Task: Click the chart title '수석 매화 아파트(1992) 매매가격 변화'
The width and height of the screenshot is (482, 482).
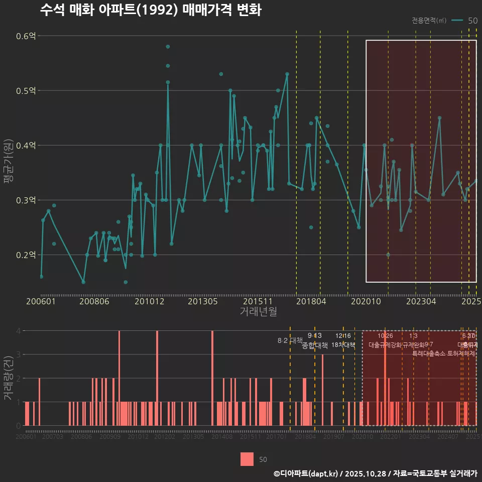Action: point(150,11)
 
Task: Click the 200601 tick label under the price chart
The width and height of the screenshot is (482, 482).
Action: point(41,302)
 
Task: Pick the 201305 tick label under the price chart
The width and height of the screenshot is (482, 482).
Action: point(202,302)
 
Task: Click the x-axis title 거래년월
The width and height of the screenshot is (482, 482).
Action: point(258,312)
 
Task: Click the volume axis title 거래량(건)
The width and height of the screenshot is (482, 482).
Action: point(9,378)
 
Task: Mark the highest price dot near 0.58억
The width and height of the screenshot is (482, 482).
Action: point(168,47)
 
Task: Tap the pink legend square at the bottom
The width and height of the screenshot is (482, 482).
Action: point(247,459)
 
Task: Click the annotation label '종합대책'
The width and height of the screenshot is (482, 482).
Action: point(315,345)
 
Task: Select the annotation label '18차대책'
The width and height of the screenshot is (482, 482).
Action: point(343,345)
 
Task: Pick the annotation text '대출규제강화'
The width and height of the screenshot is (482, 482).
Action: point(385,345)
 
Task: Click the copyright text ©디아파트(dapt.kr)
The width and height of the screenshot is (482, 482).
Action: point(305,473)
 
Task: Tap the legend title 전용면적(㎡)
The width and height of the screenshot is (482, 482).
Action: point(429,21)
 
